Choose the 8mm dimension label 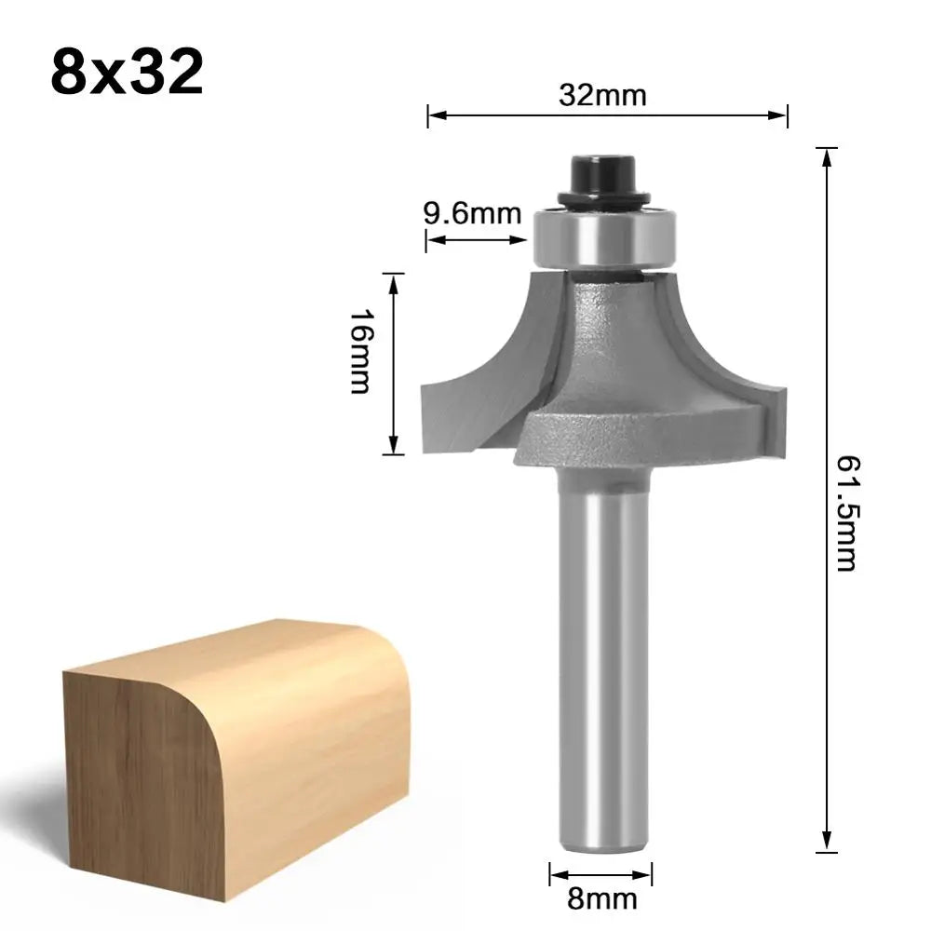pyautogui.click(x=601, y=899)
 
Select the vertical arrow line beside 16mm pyautogui.click(x=395, y=363)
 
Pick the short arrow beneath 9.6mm pyautogui.click(x=477, y=240)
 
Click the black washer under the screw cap pyautogui.click(x=602, y=197)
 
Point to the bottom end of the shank pyautogui.click(x=601, y=843)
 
